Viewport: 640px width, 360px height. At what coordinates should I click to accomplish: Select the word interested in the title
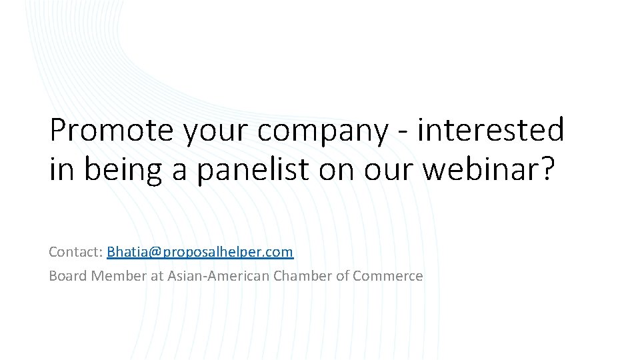(491, 130)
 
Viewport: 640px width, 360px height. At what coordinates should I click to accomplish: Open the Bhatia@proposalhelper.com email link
(200, 252)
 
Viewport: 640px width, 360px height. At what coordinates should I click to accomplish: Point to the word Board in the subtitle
(67, 275)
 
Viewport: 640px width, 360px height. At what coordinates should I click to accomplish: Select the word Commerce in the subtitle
(388, 275)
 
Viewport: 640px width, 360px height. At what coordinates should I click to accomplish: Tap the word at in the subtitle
(157, 275)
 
